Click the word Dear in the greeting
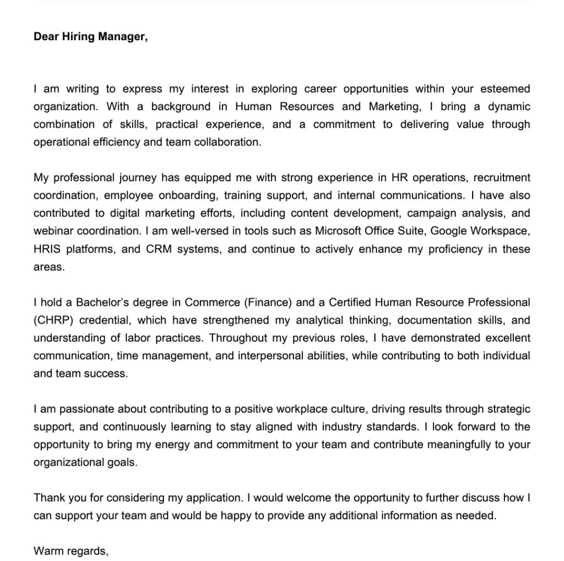coord(46,37)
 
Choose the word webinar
coord(52,231)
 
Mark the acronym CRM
coord(159,249)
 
